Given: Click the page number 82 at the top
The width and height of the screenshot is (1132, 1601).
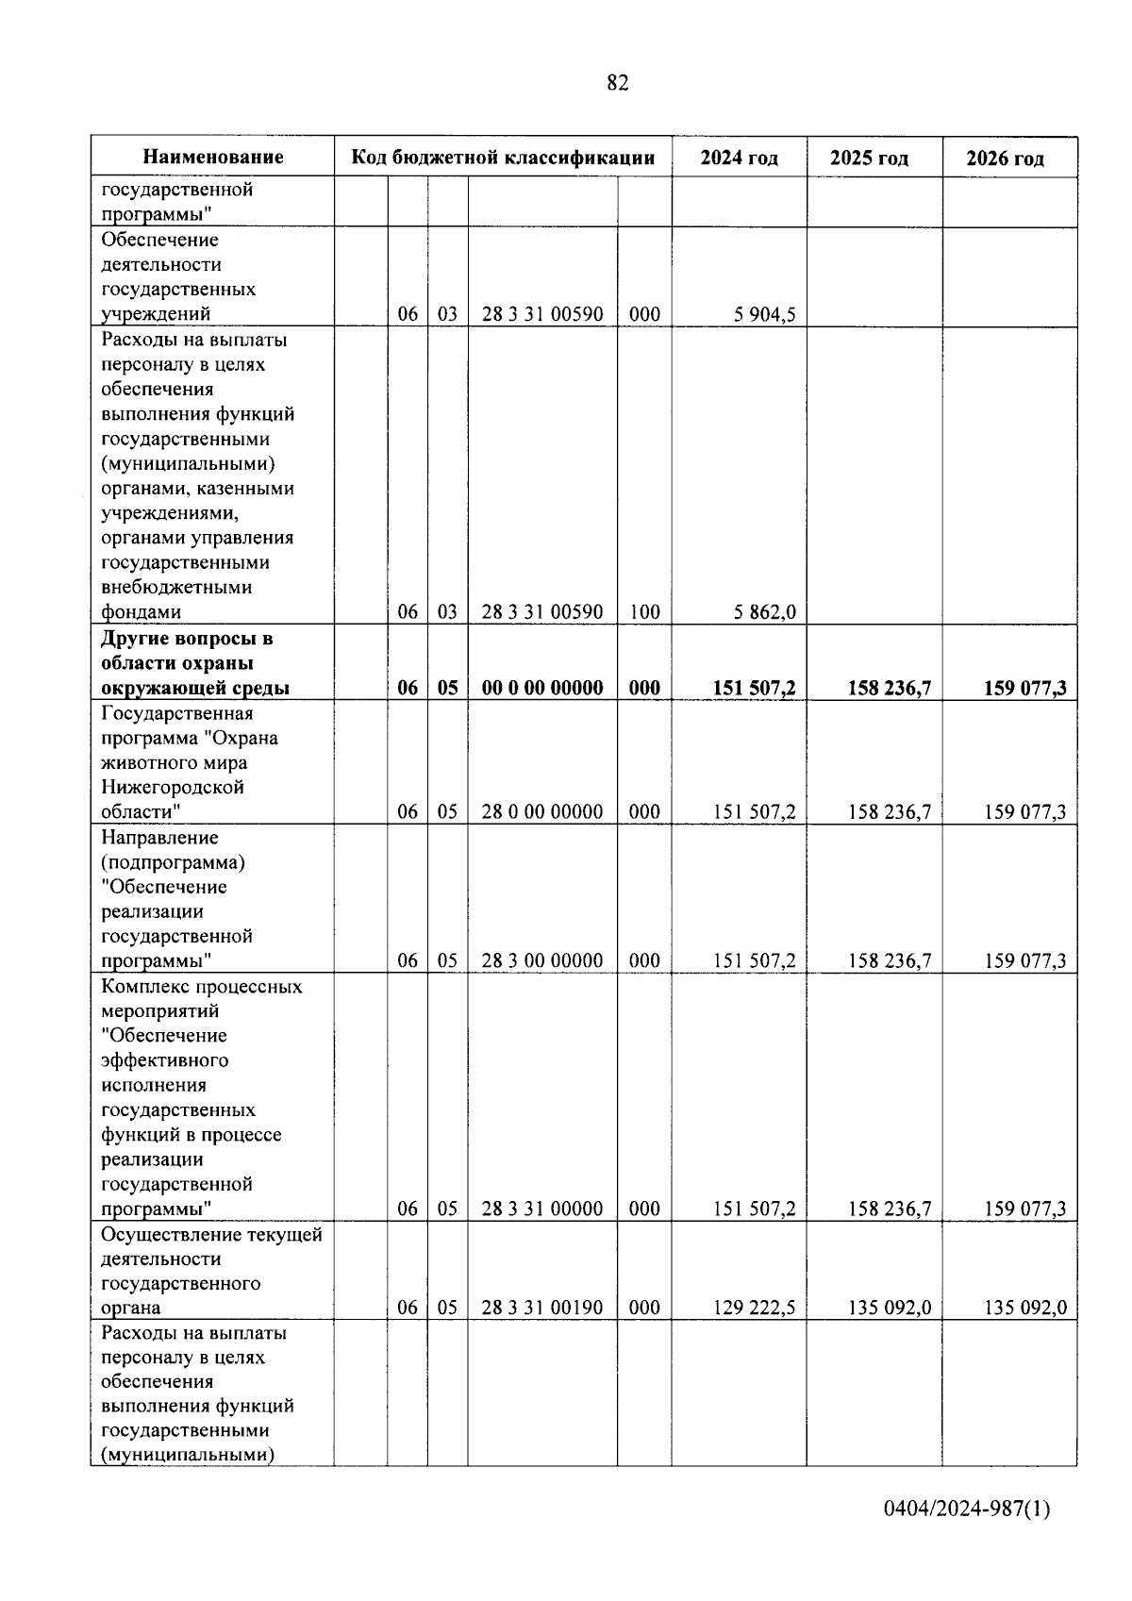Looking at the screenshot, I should point(618,83).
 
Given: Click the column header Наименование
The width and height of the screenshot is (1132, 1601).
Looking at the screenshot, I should point(213,158).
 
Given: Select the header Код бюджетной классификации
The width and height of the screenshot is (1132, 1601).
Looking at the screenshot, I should point(503,158).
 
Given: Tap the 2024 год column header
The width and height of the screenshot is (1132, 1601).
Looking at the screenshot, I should point(739,158).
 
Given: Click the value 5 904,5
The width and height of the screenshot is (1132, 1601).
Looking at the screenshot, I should point(764,314).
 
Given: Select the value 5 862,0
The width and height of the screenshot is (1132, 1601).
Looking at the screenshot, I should point(764,612).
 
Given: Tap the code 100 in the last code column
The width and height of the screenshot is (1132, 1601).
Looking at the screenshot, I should point(644,612).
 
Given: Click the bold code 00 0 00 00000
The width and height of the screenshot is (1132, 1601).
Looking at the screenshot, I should point(542,688).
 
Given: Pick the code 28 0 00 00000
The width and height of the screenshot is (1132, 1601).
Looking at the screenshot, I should point(542,811).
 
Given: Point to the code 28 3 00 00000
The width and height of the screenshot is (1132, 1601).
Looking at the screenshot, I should point(542,960).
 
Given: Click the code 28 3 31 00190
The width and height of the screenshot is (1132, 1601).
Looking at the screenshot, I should point(542,1308).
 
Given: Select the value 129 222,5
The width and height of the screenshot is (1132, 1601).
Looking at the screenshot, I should point(754,1308).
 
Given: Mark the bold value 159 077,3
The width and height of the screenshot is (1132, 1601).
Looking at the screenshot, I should point(1024,688).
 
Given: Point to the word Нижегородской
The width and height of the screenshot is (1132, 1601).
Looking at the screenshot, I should point(173,787).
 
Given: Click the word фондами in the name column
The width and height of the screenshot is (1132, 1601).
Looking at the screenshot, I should point(141,612).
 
